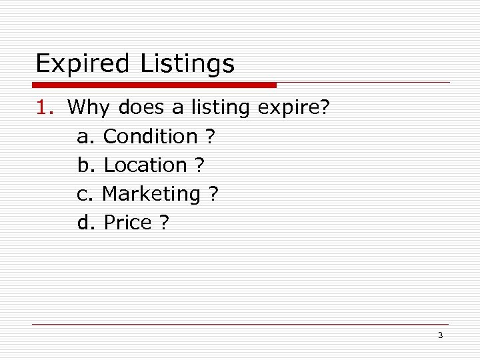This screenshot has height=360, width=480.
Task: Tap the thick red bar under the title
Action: tap(154, 85)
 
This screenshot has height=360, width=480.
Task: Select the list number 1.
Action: tap(45, 107)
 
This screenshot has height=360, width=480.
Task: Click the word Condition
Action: tap(151, 136)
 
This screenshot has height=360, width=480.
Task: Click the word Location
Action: tap(146, 165)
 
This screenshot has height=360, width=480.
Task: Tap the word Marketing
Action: tap(151, 194)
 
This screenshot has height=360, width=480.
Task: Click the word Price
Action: tap(128, 223)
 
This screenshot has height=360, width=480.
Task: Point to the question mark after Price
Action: tap(164, 223)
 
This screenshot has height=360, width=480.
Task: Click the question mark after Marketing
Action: tap(213, 194)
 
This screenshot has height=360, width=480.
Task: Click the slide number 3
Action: tap(440, 335)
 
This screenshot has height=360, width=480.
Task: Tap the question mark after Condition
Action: tap(211, 136)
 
